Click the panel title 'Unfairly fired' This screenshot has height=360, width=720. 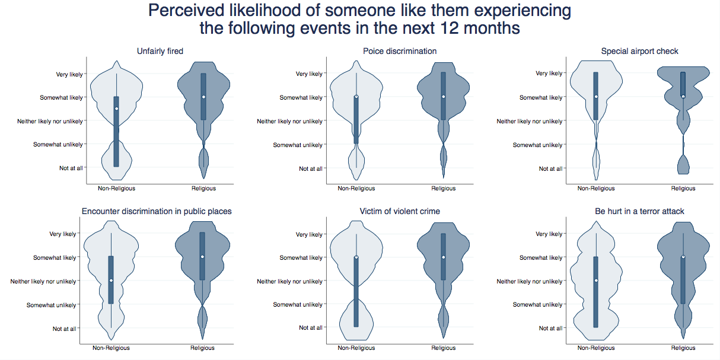[160, 51]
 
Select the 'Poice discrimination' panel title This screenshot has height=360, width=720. [400, 51]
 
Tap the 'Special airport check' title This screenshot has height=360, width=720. [639, 51]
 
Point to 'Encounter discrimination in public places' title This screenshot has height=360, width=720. [157, 211]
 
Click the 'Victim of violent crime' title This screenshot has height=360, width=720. [400, 211]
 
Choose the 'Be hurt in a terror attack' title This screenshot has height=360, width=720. [639, 211]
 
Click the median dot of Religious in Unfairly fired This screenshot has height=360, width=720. [203, 97]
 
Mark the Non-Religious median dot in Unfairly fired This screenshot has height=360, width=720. [117, 109]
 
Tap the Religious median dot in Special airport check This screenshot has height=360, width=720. [683, 97]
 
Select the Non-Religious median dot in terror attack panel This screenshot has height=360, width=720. [596, 281]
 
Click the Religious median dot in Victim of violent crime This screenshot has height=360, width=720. [443, 257]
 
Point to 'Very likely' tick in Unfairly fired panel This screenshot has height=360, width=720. [69, 74]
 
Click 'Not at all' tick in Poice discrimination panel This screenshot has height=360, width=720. [311, 168]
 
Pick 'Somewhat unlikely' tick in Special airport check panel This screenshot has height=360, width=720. [537, 145]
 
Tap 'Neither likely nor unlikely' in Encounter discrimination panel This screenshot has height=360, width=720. [43, 281]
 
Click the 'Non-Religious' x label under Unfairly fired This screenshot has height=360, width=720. [117, 189]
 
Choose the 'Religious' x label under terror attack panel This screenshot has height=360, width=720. [683, 348]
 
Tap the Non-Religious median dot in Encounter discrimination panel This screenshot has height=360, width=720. [111, 281]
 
